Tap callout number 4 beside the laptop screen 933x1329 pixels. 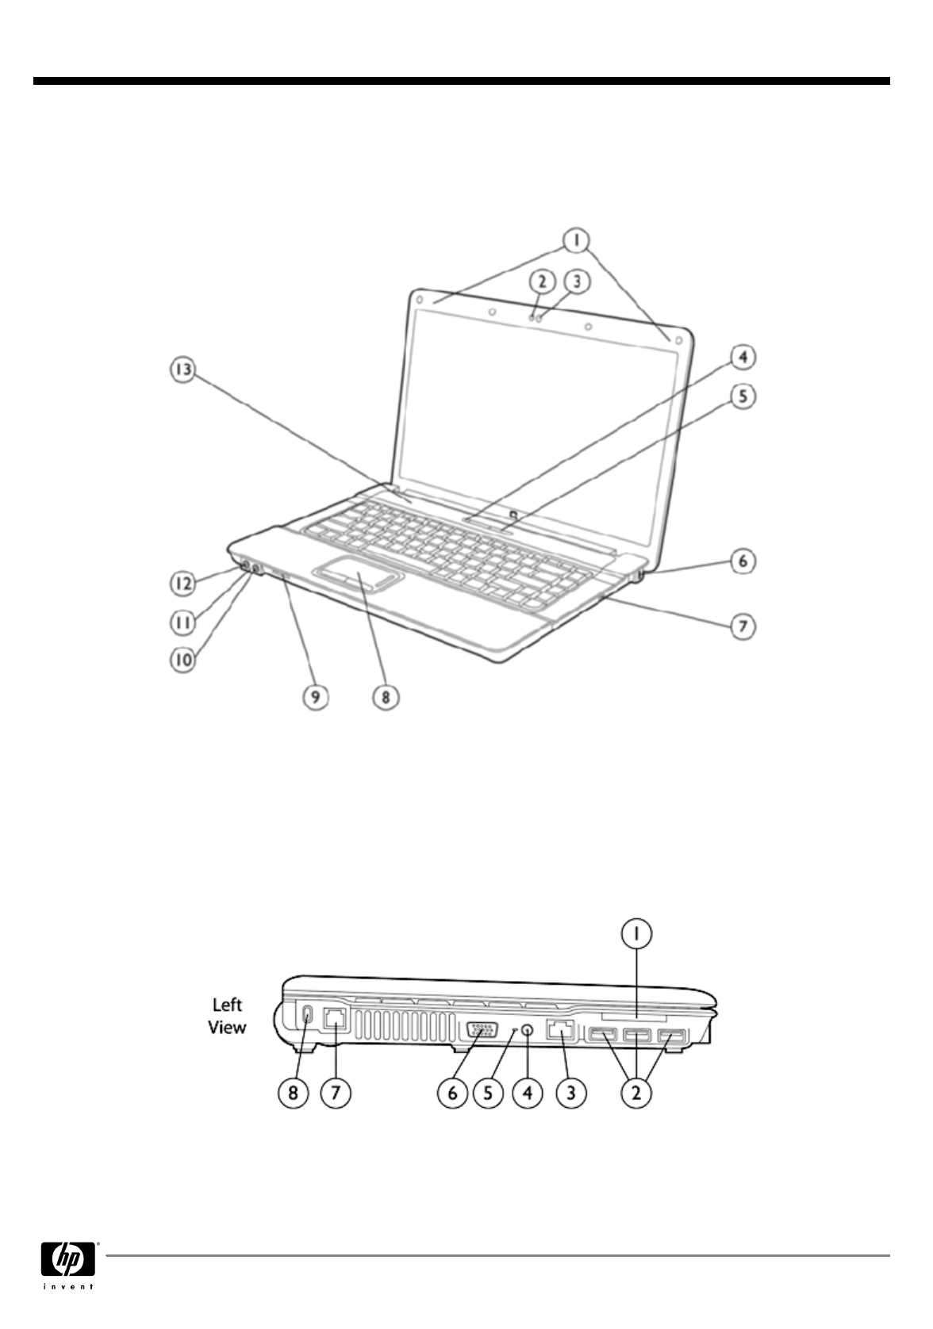[742, 358]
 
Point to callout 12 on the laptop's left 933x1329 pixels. [183, 584]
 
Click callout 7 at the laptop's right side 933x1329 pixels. [743, 627]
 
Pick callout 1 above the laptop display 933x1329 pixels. [578, 238]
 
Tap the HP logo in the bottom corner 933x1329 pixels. [68, 1258]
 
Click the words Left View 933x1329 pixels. [227, 1016]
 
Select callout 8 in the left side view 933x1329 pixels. [294, 1092]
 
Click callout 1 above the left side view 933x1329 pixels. [635, 934]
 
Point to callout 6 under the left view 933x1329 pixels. [453, 1092]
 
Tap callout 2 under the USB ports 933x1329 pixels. [635, 1092]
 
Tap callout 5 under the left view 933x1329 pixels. [489, 1092]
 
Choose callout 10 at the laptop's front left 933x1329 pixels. [183, 660]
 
